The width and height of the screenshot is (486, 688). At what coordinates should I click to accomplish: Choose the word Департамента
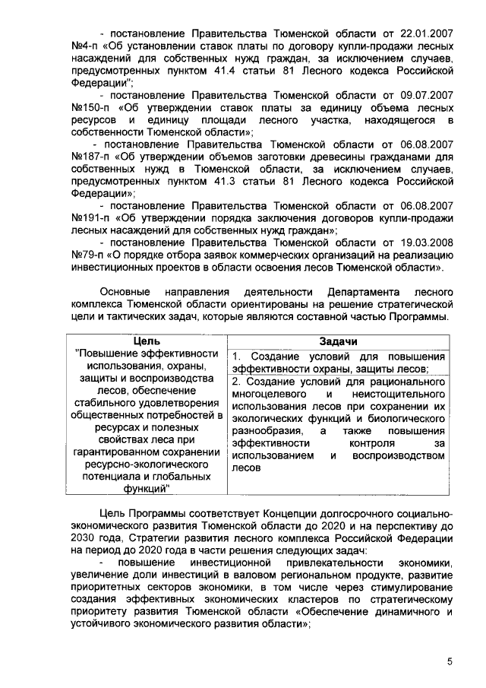click(x=361, y=292)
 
